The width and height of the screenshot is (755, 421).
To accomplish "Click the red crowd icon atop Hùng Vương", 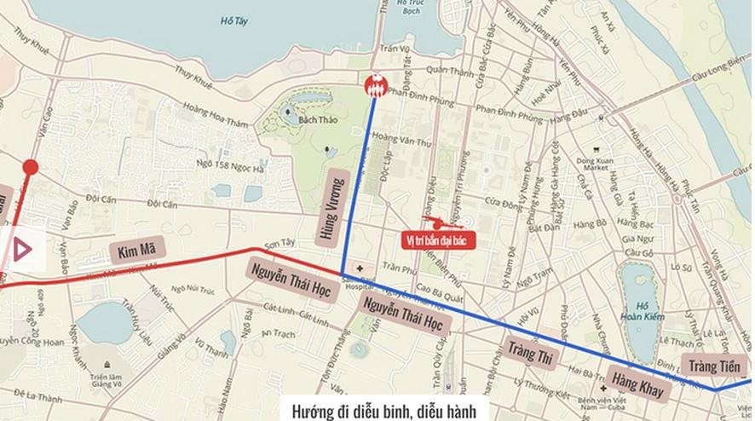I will tap(375, 86).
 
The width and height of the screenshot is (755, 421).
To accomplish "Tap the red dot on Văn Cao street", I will tap(30, 167).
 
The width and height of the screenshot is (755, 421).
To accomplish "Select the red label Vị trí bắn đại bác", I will tap(438, 240).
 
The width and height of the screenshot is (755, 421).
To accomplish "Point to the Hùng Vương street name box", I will tap(333, 210).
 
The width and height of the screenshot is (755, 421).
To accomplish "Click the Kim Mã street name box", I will tap(136, 251).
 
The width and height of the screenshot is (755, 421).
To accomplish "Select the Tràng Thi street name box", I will tap(531, 352).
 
